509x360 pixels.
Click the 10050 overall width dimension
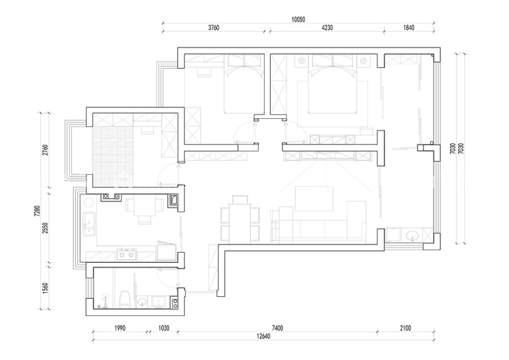298,20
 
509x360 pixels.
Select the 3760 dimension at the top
214,28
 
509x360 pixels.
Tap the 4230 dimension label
327,28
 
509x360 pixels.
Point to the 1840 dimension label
409,28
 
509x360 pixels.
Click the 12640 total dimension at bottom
263,336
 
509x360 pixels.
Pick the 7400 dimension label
278,328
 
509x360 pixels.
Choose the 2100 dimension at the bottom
405,328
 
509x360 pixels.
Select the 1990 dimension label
119,328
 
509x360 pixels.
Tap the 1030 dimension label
164,328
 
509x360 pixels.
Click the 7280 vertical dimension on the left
37,211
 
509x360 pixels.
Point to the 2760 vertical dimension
45,150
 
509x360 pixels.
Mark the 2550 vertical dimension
45,228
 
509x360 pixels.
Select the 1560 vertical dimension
45,288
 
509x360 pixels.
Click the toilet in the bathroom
125,299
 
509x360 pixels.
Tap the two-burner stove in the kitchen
126,255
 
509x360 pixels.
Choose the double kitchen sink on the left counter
89,224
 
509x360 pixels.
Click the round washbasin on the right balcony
412,235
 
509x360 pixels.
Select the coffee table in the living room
314,198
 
